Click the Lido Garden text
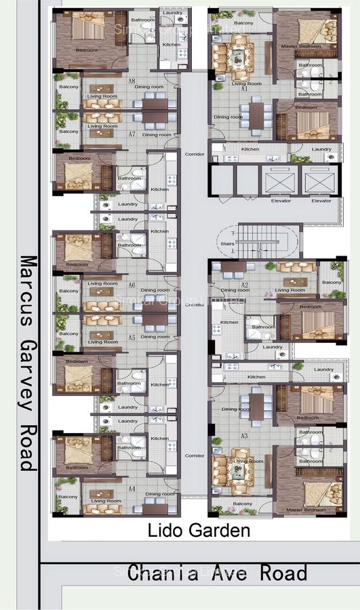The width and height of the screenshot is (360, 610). pyautogui.click(x=199, y=530)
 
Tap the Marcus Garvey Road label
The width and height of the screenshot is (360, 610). pyautogui.click(x=28, y=362)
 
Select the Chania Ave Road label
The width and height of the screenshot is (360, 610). pyautogui.click(x=217, y=573)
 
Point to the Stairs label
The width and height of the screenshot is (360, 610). pyautogui.click(x=226, y=244)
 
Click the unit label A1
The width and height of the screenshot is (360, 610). pyautogui.click(x=244, y=89)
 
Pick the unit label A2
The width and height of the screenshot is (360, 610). pyautogui.click(x=245, y=285)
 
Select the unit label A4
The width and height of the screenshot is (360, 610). pyautogui.click(x=132, y=488)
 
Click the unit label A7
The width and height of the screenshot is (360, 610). pyautogui.click(x=132, y=134)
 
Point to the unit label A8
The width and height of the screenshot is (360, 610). pyautogui.click(x=132, y=81)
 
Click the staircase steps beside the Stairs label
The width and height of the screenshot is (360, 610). pyautogui.click(x=261, y=242)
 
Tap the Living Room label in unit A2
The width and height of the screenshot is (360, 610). pyautogui.click(x=289, y=290)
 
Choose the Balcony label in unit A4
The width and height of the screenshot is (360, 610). pyautogui.click(x=68, y=497)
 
